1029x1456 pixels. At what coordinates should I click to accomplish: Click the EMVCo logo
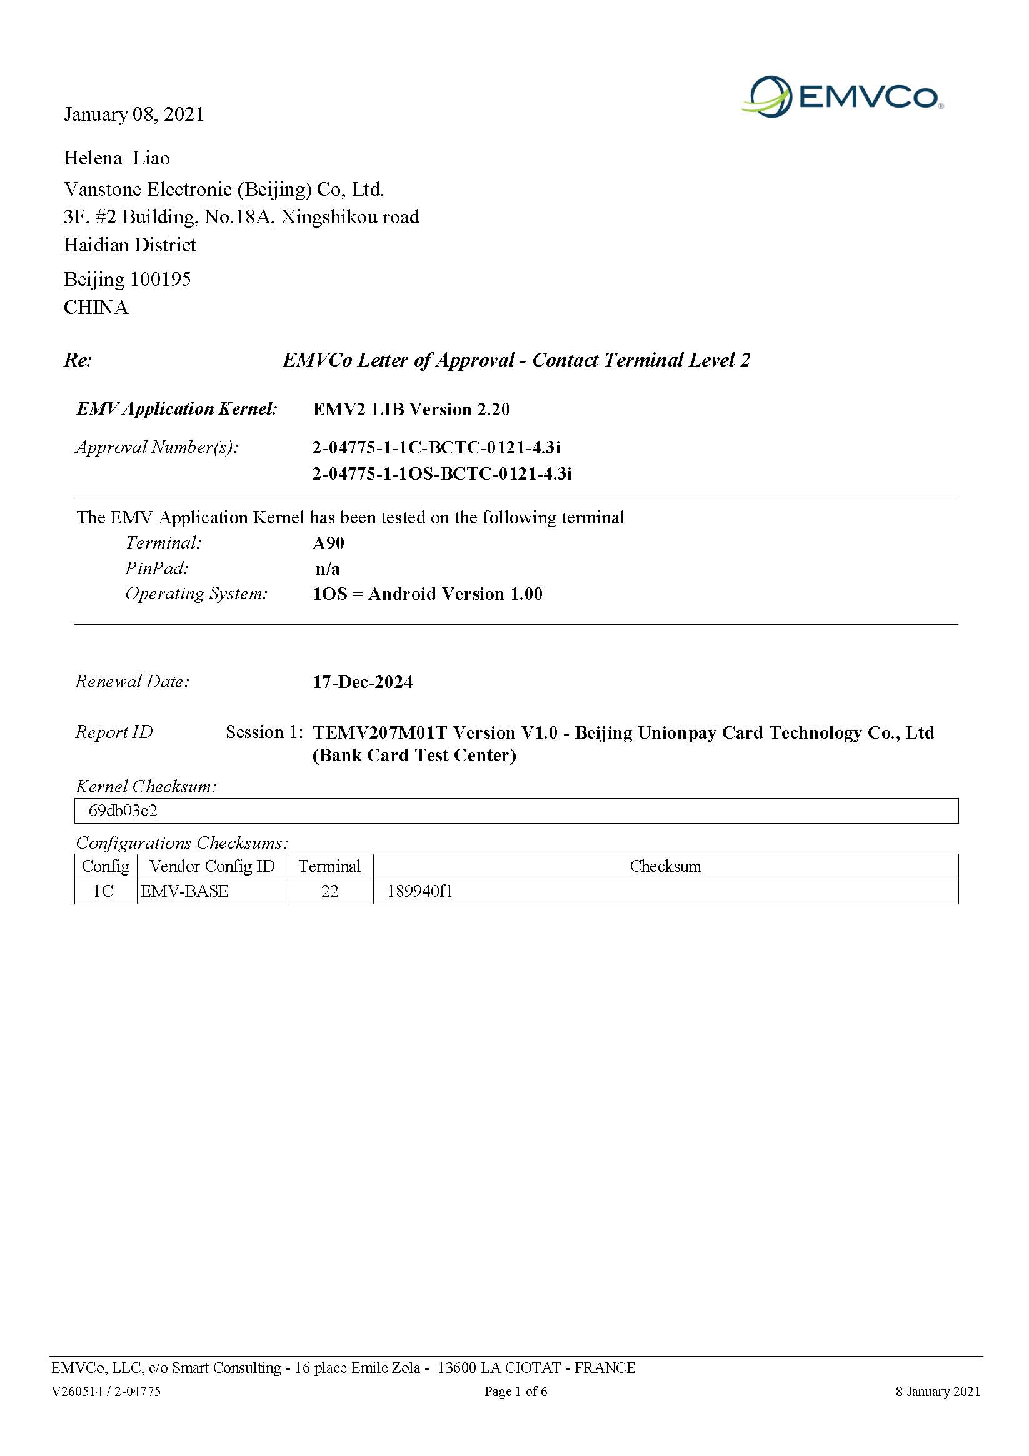point(842,96)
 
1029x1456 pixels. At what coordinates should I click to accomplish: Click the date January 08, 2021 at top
point(134,114)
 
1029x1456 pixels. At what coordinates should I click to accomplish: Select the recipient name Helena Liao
point(117,158)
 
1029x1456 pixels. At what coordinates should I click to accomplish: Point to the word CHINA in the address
point(96,308)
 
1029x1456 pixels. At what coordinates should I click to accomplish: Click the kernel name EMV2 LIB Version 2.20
point(411,410)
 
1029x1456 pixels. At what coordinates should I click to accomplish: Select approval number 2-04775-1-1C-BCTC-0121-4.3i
point(436,448)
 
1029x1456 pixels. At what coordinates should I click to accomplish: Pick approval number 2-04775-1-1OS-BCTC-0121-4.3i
point(442,473)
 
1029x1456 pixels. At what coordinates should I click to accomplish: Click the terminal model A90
point(328,543)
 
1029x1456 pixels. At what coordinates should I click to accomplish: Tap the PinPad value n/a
point(328,569)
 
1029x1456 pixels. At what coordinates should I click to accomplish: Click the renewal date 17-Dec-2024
point(363,682)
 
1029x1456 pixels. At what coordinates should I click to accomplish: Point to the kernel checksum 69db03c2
point(123,811)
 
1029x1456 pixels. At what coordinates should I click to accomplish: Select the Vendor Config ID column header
point(212,866)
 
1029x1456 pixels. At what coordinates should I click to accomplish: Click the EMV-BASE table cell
point(184,892)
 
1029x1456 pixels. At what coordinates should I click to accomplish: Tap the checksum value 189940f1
point(419,892)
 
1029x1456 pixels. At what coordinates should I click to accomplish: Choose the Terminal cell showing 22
point(329,892)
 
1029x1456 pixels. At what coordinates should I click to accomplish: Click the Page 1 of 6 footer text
point(516,1392)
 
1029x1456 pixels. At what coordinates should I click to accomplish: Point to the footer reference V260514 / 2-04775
point(106,1392)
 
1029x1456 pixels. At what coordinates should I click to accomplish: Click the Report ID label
point(114,732)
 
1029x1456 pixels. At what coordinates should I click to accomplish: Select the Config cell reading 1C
point(103,892)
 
